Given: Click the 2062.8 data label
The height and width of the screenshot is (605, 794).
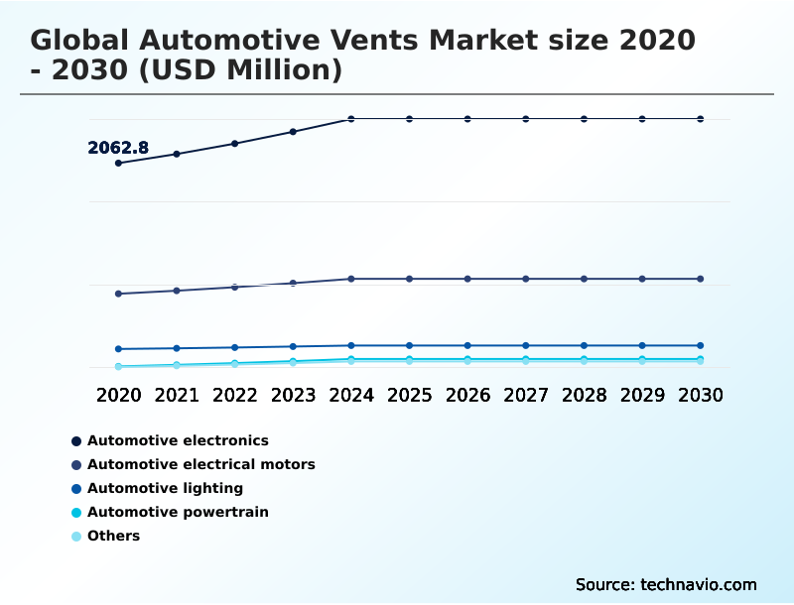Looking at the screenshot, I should point(118,148).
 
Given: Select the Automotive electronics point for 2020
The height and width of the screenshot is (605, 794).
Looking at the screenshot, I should point(118,163).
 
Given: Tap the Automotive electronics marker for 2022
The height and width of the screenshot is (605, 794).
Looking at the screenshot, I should point(235,144).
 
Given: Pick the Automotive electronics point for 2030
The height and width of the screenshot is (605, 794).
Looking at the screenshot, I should point(701,119).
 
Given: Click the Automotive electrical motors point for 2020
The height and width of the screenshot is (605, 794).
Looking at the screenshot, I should point(118,294).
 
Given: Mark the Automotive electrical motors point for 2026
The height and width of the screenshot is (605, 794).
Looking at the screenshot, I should point(467,279).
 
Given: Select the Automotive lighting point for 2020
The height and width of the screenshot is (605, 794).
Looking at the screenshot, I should point(118,349).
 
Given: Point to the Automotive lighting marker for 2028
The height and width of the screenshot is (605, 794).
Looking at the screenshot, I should point(585,346).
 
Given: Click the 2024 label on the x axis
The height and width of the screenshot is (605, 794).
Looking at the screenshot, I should point(351,395).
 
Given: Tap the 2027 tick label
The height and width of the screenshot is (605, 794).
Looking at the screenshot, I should point(526,395).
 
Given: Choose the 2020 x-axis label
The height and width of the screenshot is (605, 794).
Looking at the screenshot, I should point(118,395).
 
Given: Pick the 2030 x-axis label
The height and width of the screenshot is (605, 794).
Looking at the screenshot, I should point(701,395).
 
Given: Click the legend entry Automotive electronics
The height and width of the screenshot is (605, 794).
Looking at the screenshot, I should point(178,440).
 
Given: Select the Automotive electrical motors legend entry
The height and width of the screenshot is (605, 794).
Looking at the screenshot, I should point(200,464).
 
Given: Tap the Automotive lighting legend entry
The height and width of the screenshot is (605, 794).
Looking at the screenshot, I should point(165,488).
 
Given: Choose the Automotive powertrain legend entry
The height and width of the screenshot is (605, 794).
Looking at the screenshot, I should point(178,512).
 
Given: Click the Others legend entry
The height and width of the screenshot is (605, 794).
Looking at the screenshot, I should point(113,536).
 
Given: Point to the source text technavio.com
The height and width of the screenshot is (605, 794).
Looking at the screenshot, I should point(666,584).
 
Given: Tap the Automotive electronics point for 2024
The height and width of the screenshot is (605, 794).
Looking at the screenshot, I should point(351,119).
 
